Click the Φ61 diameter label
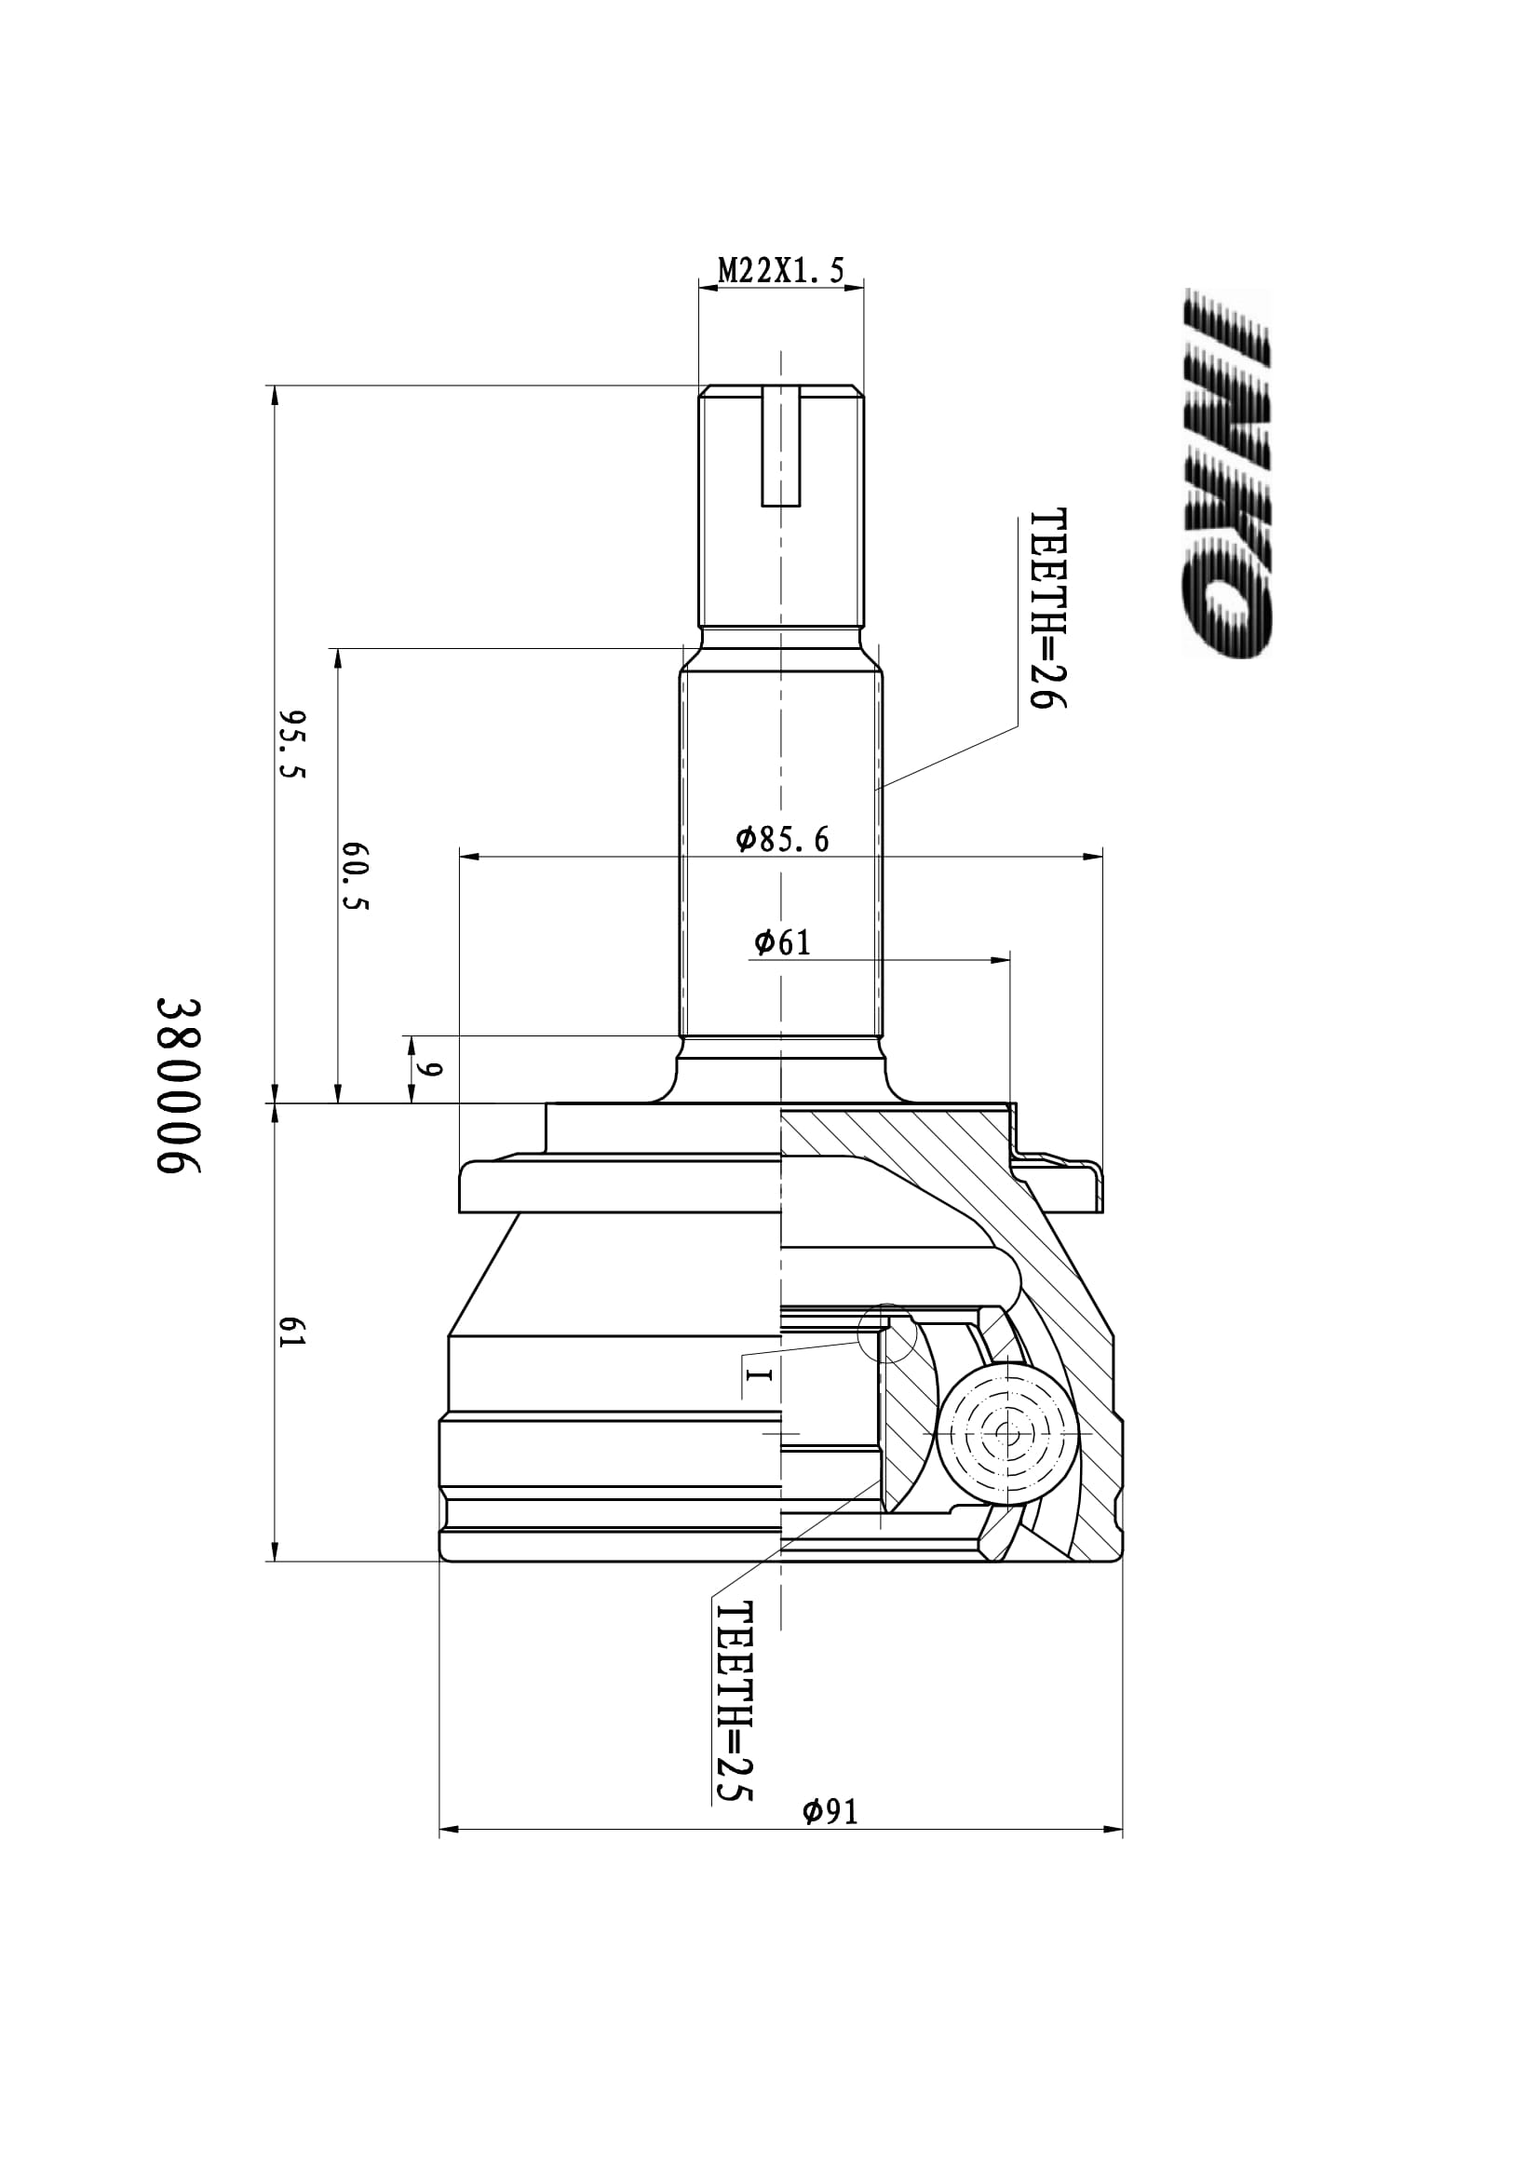(x=782, y=942)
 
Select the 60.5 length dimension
(x=355, y=876)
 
